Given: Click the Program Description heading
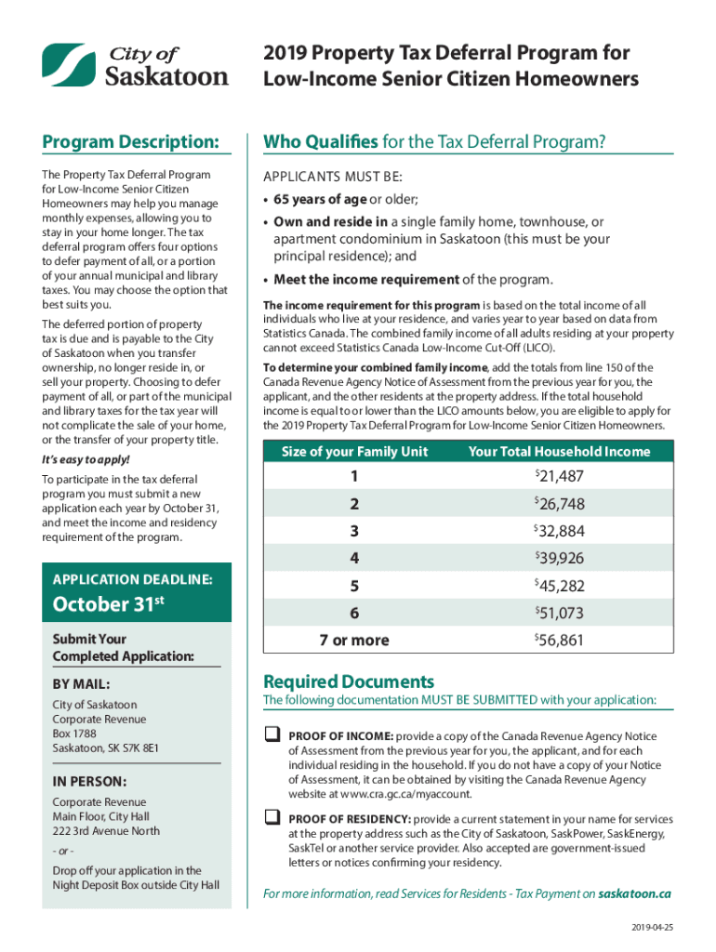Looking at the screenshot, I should coord(130,142).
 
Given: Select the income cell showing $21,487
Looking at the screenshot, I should coord(559,477).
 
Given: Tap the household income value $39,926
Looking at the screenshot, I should coord(559,558).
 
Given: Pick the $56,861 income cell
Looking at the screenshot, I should coord(559,640).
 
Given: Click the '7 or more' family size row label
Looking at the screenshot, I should coord(354,640).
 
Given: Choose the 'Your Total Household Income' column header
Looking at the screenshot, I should coord(559,452).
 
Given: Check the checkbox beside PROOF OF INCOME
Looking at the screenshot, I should coord(272,734).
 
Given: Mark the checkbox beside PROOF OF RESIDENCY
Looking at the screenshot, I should coord(272,817).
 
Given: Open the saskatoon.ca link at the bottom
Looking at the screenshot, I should coord(634,893).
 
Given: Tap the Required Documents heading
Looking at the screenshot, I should coord(349,681).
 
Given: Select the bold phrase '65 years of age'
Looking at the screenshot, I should coord(320,199).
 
